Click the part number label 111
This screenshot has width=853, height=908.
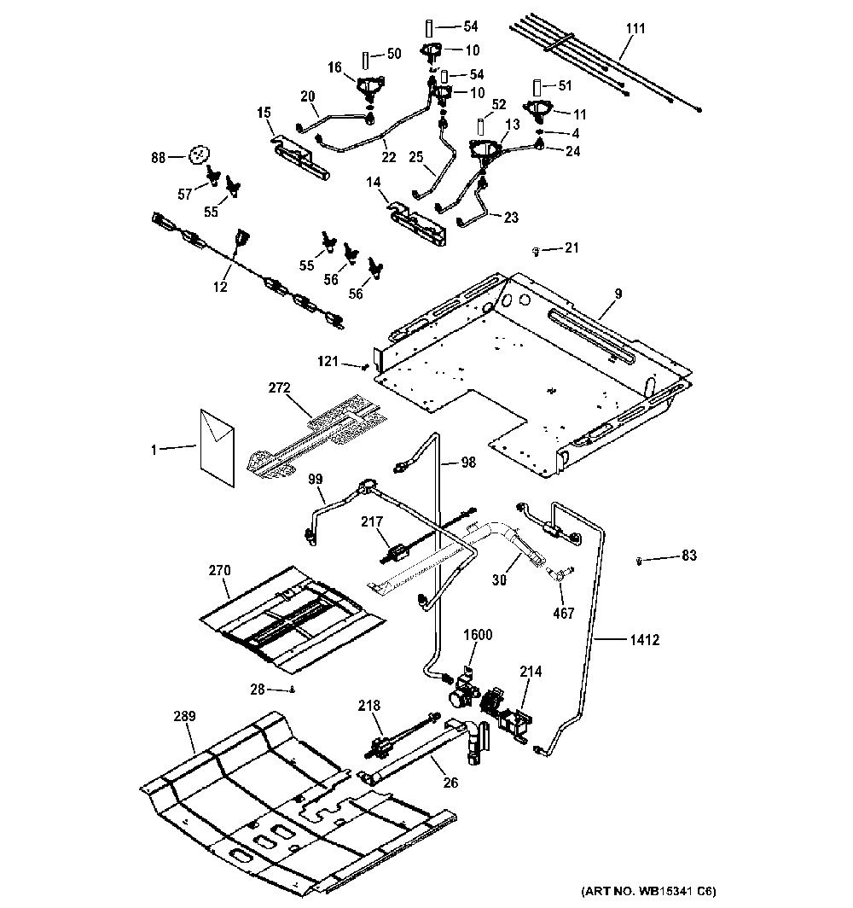pyautogui.click(x=635, y=28)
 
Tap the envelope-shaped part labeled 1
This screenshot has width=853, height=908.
pyautogui.click(x=218, y=448)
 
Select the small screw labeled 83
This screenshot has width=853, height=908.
pyautogui.click(x=639, y=561)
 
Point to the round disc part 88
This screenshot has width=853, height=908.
pyautogui.click(x=198, y=154)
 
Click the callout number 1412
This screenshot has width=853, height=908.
pyautogui.click(x=644, y=640)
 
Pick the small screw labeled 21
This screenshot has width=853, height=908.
pyautogui.click(x=536, y=251)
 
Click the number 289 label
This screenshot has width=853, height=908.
pyautogui.click(x=184, y=716)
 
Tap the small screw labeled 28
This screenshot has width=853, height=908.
pyautogui.click(x=293, y=690)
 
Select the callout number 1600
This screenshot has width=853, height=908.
pyautogui.click(x=478, y=635)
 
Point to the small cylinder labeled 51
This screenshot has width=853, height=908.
pyautogui.click(x=537, y=88)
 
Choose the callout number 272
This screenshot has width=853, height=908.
pyautogui.click(x=279, y=387)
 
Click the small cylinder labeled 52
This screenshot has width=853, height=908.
pyautogui.click(x=479, y=127)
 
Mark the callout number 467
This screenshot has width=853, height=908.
pyautogui.click(x=563, y=613)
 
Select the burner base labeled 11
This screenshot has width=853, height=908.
pyautogui.click(x=539, y=110)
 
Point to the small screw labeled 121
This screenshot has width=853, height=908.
pyautogui.click(x=364, y=367)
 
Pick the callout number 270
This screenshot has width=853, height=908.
pyautogui.click(x=219, y=570)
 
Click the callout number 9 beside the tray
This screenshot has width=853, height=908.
pyautogui.click(x=618, y=294)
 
